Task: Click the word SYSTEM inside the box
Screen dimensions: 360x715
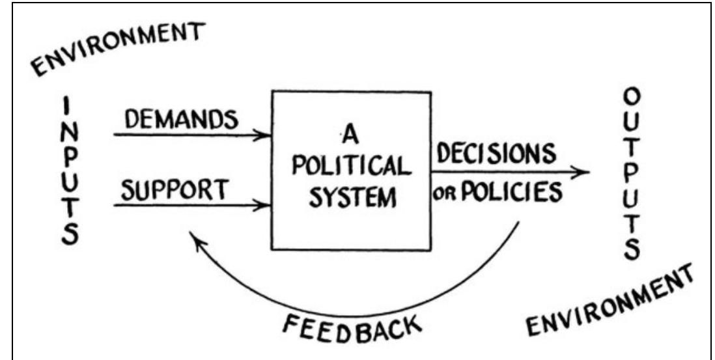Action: point(351,197)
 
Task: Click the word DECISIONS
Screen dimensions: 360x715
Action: point(498,154)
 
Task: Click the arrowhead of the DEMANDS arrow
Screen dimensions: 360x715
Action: point(265,135)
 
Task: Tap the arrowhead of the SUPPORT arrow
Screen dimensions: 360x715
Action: point(265,206)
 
